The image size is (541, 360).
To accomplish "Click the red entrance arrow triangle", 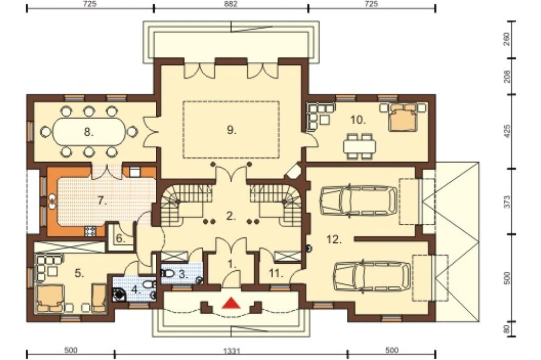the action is pyautogui.click(x=231, y=302).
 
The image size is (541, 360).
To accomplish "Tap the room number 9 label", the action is pyautogui.click(x=232, y=130).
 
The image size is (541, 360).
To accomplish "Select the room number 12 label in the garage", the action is pyautogui.click(x=334, y=239).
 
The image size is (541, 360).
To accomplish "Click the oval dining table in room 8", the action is pyautogui.click(x=89, y=131).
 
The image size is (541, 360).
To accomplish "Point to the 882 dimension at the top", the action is pyautogui.click(x=231, y=4).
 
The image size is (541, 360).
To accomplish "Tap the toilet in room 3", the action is pyautogui.click(x=168, y=273).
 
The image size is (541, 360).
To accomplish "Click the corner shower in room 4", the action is pyautogui.click(x=120, y=294).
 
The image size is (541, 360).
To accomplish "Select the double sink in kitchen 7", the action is pyautogui.click(x=52, y=202).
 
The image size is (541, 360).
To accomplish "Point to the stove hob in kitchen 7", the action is pyautogui.click(x=90, y=231).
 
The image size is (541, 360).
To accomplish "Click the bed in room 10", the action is pyautogui.click(x=402, y=117).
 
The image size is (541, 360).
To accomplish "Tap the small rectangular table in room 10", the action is pyautogui.click(x=360, y=146).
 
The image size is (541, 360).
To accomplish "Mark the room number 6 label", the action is pyautogui.click(x=120, y=238).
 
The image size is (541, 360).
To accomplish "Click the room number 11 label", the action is pyautogui.click(x=276, y=274).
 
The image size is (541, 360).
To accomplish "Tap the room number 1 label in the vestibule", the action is pyautogui.click(x=232, y=264).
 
